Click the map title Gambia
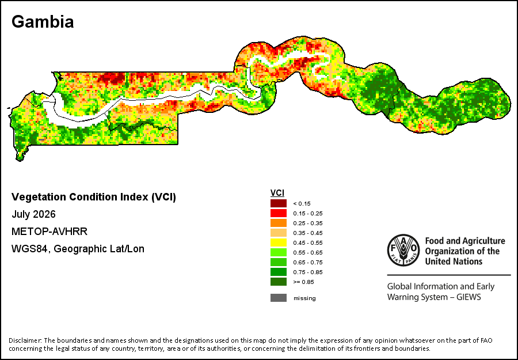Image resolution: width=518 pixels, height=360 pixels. [43, 22]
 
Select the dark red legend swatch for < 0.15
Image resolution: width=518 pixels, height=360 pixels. [279, 203]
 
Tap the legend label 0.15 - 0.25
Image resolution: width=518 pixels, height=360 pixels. [307, 214]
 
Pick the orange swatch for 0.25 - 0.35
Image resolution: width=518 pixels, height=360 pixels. [279, 223]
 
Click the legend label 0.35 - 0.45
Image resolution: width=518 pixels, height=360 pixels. [307, 233]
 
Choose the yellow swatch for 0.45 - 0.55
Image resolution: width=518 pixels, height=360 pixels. [279, 242]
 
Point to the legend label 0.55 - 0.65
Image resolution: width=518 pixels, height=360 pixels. [307, 252]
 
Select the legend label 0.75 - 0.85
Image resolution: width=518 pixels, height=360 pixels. [307, 272]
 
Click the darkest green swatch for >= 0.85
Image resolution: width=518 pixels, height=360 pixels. [279, 282]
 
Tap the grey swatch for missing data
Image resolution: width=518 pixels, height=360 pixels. [279, 298]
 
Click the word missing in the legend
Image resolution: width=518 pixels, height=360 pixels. [304, 298]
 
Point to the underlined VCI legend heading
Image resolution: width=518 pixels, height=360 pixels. [277, 193]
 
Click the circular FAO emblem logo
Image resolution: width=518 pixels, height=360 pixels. [403, 251]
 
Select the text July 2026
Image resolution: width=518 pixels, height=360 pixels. [34, 214]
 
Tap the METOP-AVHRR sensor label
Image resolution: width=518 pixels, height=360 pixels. [49, 232]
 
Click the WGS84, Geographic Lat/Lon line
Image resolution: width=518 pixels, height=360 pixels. [78, 249]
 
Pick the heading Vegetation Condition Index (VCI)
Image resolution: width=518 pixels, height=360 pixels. [94, 197]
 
